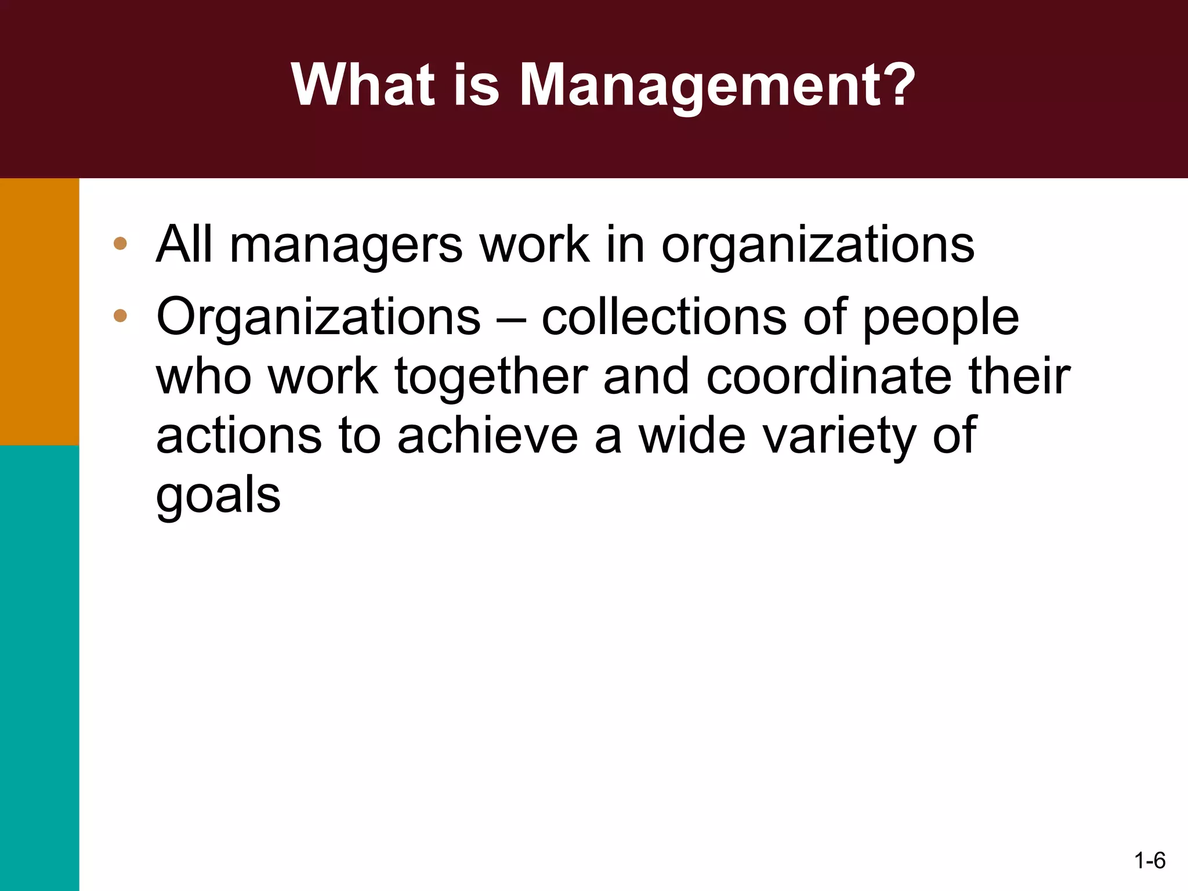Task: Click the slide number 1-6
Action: click(1149, 860)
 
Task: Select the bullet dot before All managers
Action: click(120, 244)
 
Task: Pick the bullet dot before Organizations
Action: click(120, 316)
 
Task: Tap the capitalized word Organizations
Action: click(318, 318)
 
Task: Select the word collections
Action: click(664, 317)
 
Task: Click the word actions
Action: click(239, 436)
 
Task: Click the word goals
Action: click(218, 497)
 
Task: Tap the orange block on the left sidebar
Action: click(39, 312)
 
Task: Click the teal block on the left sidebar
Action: click(39, 667)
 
